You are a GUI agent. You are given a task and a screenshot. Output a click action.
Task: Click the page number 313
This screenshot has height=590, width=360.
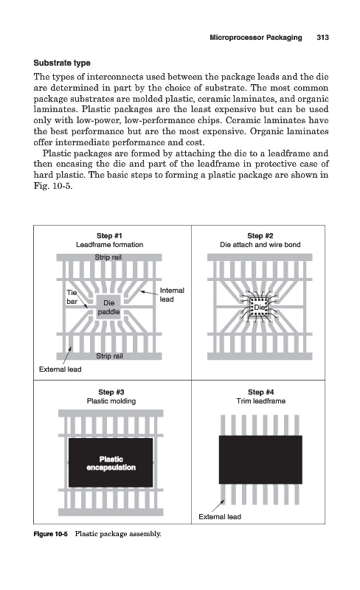(322, 38)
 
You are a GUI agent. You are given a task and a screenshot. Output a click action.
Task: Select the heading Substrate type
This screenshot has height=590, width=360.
(62, 63)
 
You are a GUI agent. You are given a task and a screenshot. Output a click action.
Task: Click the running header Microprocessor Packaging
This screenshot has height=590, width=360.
(256, 38)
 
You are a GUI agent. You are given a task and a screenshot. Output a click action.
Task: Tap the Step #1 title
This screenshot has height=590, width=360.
(109, 235)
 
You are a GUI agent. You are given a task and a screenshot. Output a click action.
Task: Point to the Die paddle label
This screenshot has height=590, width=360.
(109, 307)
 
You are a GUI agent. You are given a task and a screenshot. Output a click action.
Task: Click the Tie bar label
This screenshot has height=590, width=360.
(72, 297)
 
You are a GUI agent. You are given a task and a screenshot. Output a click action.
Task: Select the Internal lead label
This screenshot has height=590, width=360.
(172, 294)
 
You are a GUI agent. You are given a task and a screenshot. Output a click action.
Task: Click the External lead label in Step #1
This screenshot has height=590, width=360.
(60, 369)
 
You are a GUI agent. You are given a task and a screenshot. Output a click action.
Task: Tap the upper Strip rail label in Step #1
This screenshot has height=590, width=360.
(108, 257)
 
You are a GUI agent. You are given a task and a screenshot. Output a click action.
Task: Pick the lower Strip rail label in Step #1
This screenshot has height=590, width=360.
(109, 356)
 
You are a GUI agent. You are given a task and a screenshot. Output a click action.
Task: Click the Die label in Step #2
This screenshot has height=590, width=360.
(259, 308)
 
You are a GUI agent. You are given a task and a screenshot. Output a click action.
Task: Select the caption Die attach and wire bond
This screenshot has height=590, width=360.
(260, 245)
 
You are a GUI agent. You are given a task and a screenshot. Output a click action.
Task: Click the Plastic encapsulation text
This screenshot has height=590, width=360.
(111, 463)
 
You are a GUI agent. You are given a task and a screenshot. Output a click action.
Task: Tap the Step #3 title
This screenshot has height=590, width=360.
(111, 392)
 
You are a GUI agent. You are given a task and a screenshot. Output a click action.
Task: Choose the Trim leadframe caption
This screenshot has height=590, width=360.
(260, 401)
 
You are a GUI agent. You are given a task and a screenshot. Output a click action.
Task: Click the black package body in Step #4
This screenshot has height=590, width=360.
(260, 459)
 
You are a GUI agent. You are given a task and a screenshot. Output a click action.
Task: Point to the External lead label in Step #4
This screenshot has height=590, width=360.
(220, 517)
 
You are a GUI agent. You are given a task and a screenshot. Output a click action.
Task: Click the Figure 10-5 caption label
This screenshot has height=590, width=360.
(50, 534)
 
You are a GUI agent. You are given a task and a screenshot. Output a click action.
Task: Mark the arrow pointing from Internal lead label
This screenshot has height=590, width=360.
(149, 292)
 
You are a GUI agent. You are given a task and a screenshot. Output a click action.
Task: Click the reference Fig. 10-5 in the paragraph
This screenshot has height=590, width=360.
(52, 186)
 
